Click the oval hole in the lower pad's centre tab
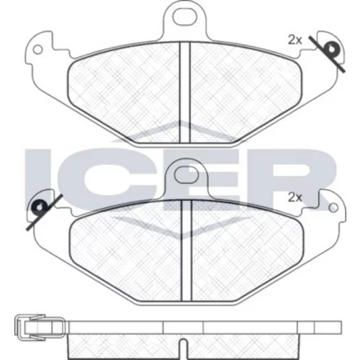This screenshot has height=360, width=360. click(186, 174)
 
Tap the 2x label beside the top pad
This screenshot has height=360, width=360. click(294, 40)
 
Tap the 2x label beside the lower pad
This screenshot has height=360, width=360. click(294, 197)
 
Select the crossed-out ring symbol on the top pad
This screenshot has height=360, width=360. click(330, 50)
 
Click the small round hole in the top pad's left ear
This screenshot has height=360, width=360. click(37, 50)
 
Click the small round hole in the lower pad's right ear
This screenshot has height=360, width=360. click(333, 208)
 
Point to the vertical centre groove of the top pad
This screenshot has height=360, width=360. click(185, 92)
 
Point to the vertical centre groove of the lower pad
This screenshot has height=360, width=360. click(187, 251)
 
